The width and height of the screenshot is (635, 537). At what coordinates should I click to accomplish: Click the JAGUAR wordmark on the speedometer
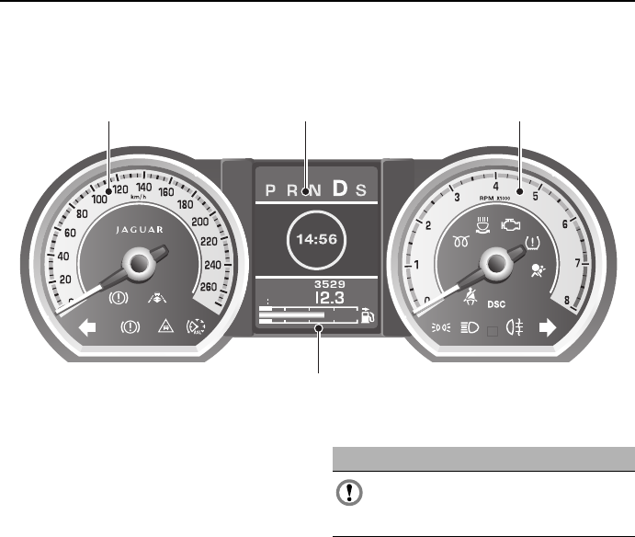point(140,230)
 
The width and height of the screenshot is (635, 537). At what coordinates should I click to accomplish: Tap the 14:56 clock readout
point(317,239)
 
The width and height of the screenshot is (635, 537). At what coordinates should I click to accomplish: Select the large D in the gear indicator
point(340,189)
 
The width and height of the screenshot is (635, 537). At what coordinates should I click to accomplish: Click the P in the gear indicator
point(270,190)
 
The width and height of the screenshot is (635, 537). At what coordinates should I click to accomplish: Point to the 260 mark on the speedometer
point(209,287)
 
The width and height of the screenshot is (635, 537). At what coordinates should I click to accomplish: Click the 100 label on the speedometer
point(99,199)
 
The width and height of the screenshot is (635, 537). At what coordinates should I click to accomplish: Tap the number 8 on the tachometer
point(567,301)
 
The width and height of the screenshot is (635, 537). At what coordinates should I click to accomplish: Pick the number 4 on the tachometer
point(495,187)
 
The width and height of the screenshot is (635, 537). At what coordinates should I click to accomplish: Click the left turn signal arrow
point(87,327)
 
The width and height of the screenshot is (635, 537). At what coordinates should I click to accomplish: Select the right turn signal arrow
point(548,327)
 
